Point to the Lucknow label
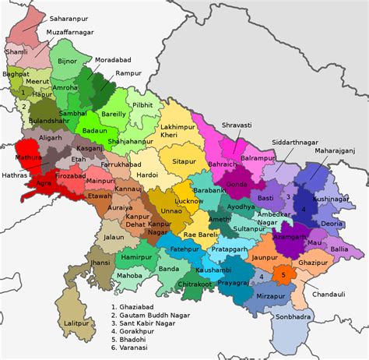[188, 200]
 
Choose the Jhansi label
[98, 264]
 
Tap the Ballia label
[340, 249]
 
